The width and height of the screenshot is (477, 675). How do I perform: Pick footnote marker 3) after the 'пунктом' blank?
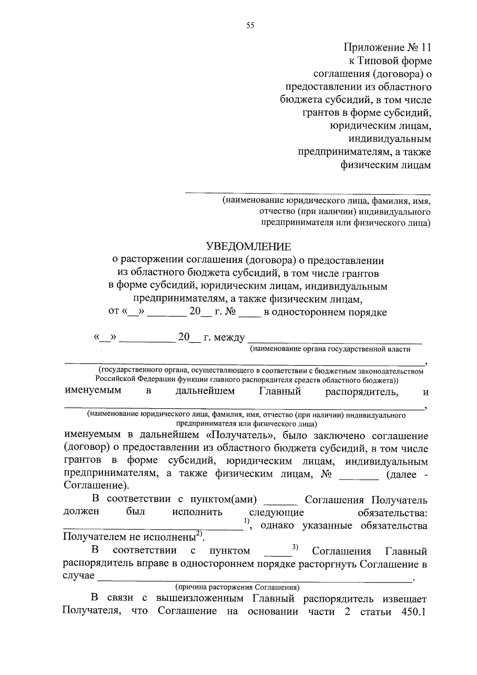[x=295, y=547]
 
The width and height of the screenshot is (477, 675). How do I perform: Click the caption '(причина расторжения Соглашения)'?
[x=237, y=587]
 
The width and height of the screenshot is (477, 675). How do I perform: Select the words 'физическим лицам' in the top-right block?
[x=386, y=165]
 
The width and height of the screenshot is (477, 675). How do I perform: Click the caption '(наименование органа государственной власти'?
[x=330, y=349]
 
